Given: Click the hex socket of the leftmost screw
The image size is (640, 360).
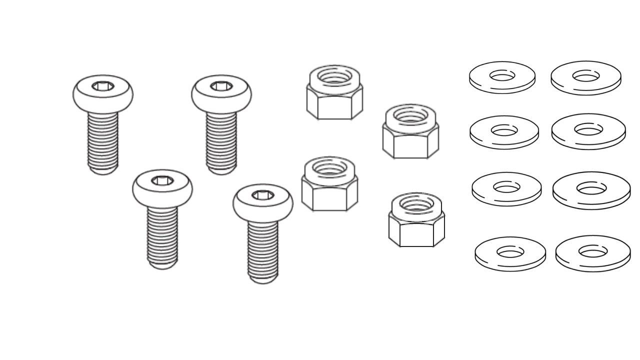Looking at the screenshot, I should [103, 86].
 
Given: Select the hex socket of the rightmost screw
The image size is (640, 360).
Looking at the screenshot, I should [262, 195].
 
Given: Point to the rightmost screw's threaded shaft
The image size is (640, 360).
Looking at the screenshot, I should [263, 250].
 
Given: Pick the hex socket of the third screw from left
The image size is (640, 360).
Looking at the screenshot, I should [221, 86].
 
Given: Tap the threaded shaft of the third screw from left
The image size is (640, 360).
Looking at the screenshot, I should [221, 142].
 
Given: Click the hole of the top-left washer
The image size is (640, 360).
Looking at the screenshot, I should [502, 75].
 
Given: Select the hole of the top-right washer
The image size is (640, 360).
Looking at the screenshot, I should [585, 76].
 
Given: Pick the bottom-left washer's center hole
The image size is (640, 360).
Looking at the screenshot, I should [510, 251].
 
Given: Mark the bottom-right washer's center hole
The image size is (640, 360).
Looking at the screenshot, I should [592, 251].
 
